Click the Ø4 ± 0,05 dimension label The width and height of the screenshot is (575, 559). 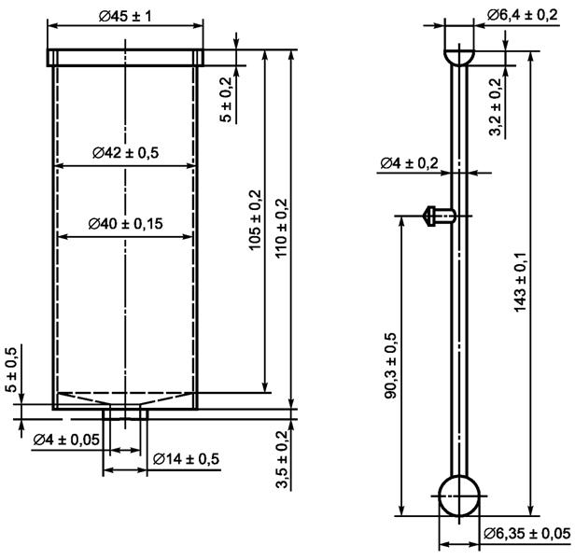click(65, 439)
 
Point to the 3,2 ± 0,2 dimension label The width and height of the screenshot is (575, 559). click(495, 106)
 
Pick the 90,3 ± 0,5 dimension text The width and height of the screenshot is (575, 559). click(389, 365)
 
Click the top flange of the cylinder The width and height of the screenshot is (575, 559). click(123, 58)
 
